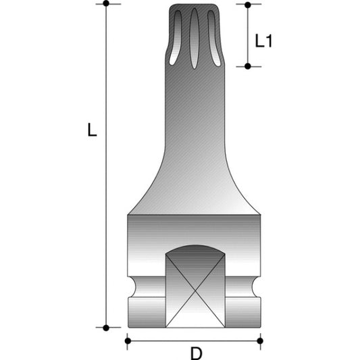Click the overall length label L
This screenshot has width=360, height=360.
point(93,131)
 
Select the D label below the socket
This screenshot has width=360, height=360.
point(195,353)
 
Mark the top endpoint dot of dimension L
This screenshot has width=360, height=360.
point(106,4)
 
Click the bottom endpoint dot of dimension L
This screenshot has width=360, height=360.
point(106,328)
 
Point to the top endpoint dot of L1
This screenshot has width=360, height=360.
point(247,5)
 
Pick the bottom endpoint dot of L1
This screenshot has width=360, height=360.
point(247,66)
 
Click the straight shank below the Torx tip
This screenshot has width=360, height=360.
point(194,115)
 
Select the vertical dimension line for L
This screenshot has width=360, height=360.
point(106,203)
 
